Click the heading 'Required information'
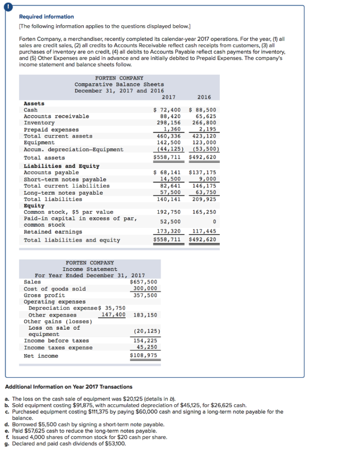46,16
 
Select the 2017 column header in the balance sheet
168,97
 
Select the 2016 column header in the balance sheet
204,97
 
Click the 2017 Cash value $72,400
167,110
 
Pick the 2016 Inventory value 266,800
204,123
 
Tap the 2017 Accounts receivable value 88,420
170,116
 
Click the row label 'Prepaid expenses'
52,129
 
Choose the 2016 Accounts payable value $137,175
202,173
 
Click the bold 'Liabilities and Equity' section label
61,166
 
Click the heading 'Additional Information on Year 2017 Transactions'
68,387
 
